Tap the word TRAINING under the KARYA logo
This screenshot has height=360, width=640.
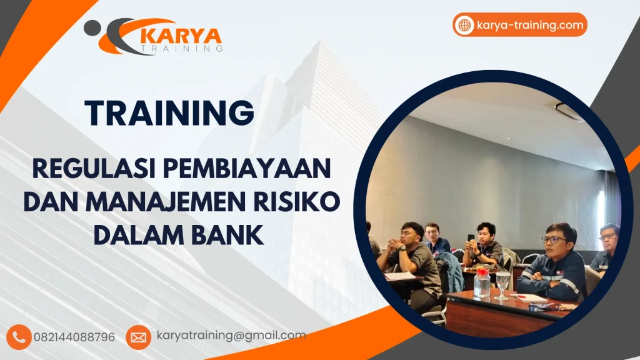[x=182, y=48]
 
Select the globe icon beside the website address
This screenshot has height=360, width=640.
[x=464, y=25]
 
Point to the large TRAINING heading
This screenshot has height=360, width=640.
[x=169, y=113]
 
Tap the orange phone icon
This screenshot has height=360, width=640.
[x=19, y=337]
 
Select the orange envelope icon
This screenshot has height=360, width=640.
[x=138, y=337]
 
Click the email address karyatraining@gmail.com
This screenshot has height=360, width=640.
[x=231, y=336]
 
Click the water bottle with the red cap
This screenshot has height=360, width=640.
[x=482, y=281]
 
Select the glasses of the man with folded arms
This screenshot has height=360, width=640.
[x=554, y=239]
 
